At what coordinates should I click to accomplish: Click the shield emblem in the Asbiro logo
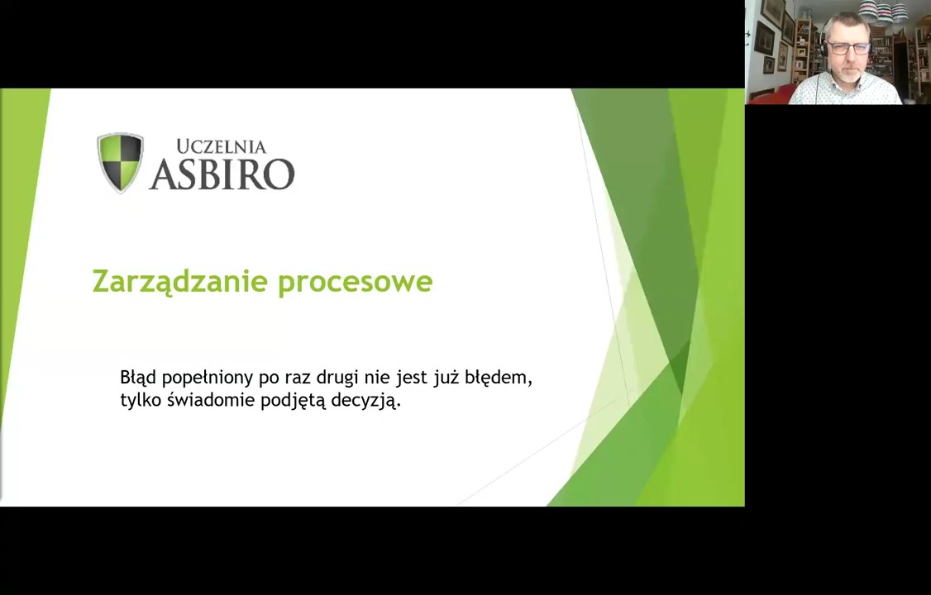[121, 163]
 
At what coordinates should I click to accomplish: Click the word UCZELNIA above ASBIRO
[222, 146]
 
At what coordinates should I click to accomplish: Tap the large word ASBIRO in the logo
[222, 174]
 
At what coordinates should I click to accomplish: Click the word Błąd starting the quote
[138, 378]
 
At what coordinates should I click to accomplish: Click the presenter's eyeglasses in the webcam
[848, 48]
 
